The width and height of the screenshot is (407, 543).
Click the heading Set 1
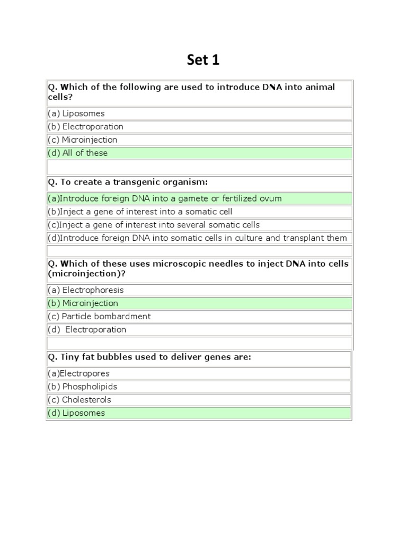[x=203, y=60]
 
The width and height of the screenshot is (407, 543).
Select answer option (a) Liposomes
[x=76, y=113]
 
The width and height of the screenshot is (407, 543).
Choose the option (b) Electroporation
[x=85, y=127]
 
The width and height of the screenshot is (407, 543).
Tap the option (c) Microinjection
[x=82, y=140]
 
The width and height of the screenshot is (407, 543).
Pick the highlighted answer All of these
[x=77, y=153]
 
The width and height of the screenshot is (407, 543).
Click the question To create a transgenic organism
[x=128, y=182]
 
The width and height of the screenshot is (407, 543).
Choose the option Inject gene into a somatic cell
[x=140, y=212]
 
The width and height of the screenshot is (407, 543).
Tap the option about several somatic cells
[x=154, y=225]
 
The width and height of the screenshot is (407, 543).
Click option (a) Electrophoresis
[x=85, y=290]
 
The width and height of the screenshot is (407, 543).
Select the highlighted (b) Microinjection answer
[x=83, y=303]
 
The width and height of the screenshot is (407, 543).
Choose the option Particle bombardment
[x=99, y=317]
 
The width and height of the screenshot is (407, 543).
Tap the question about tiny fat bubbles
[x=149, y=357]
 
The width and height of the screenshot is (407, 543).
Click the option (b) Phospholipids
[x=82, y=387]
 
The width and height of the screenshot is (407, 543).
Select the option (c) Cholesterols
[x=79, y=400]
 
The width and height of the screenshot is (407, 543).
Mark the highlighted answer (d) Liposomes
[x=76, y=413]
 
